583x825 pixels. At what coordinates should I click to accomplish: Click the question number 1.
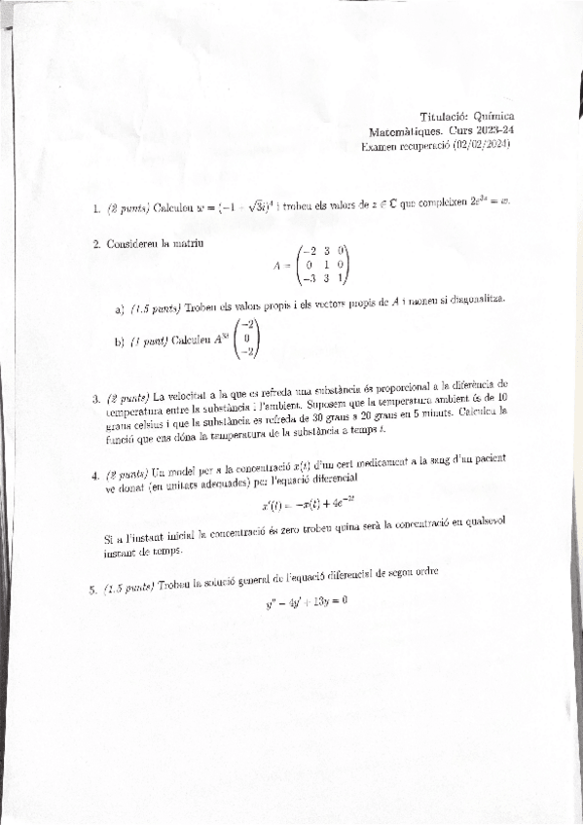coord(95,206)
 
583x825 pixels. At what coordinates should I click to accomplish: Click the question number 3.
coord(94,398)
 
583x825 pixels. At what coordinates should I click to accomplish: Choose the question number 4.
coord(94,476)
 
